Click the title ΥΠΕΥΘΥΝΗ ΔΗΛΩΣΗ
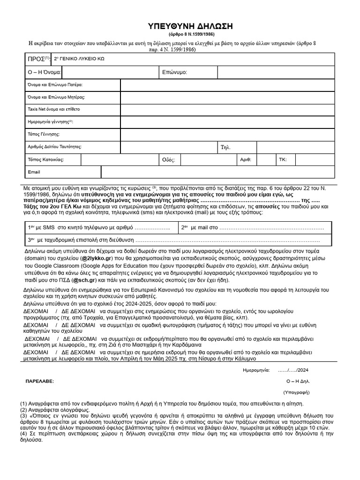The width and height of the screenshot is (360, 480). pyautogui.click(x=180, y=26)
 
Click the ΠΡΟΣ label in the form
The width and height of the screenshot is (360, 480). pyautogui.click(x=36, y=59)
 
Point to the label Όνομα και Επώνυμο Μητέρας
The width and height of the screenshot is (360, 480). pyautogui.click(x=56, y=97)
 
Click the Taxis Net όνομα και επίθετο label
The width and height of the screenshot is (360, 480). pyautogui.click(x=54, y=109)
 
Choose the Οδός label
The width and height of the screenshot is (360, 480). pyautogui.click(x=168, y=160)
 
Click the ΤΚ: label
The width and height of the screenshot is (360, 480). pyautogui.click(x=283, y=159)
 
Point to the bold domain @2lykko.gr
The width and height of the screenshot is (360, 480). pyautogui.click(x=97, y=258)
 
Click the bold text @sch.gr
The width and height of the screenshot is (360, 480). pyautogui.click(x=84, y=280)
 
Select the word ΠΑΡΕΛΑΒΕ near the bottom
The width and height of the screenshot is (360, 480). pyautogui.click(x=39, y=381)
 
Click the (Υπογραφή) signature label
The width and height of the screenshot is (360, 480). pyautogui.click(x=296, y=392)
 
